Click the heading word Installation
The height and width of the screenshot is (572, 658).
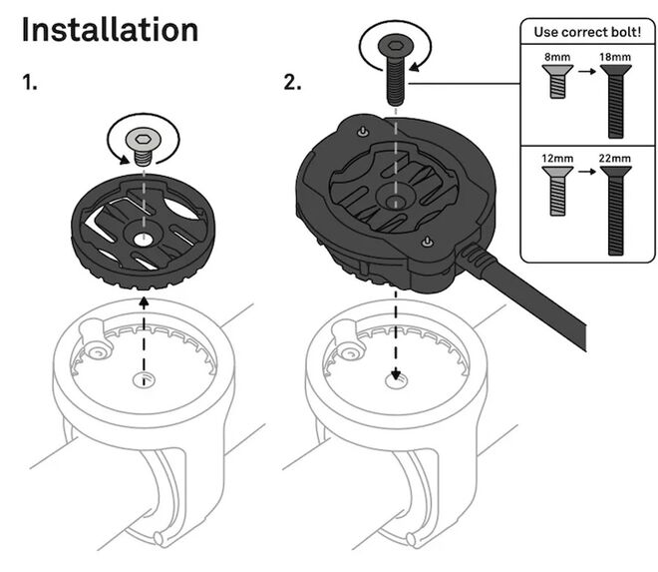click(x=110, y=29)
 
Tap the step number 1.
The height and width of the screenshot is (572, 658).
click(x=29, y=82)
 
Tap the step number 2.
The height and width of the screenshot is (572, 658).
click(x=292, y=82)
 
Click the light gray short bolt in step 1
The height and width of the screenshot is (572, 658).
click(x=144, y=147)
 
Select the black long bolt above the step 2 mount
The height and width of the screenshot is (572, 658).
click(x=396, y=69)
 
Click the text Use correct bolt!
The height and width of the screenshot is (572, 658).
click(x=587, y=32)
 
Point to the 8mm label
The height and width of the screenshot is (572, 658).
click(x=557, y=57)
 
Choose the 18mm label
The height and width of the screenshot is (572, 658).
click(x=615, y=57)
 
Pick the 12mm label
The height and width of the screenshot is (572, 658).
click(x=557, y=159)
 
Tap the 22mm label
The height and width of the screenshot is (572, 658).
click(x=615, y=159)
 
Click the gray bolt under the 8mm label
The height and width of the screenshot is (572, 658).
click(x=557, y=81)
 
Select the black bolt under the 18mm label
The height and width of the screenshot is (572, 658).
click(x=615, y=101)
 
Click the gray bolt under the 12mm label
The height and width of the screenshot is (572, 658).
click(x=557, y=191)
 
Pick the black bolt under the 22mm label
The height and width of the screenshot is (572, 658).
click(x=615, y=211)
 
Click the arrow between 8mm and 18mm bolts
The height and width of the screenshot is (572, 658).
click(x=587, y=71)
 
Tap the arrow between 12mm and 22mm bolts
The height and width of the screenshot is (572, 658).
click(x=587, y=172)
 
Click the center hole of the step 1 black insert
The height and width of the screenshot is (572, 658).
click(x=144, y=240)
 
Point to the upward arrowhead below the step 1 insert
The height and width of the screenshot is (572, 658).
click(x=144, y=301)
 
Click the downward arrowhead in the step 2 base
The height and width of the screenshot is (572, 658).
click(x=396, y=374)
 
